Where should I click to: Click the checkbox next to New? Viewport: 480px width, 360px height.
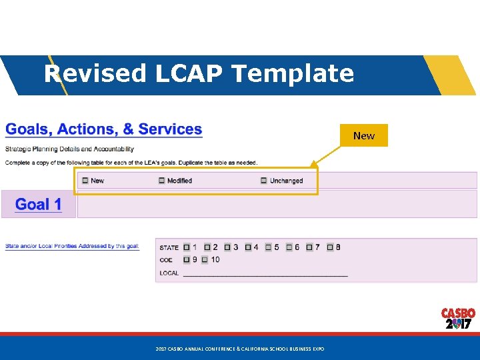85,181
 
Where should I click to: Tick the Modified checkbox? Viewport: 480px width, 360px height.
161,181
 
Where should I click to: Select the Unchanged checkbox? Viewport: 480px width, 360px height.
264,181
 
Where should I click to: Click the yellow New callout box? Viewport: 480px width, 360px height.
363,135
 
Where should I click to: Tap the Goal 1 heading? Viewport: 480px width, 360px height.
38,204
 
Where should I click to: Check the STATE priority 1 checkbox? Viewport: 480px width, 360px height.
187,247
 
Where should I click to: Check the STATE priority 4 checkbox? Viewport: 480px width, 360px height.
248,247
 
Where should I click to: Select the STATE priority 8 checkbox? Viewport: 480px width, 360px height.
329,247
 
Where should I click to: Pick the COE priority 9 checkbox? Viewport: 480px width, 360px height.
187,260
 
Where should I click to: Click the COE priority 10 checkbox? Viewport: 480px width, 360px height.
205,260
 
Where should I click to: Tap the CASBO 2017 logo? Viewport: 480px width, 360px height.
458,319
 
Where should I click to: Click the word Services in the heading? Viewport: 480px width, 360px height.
170,129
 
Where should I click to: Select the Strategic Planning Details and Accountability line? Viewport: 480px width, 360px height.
69,149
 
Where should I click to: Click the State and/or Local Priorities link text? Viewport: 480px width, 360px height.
72,246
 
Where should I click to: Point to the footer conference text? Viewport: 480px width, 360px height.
239,349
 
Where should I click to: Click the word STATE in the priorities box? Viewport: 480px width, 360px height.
169,248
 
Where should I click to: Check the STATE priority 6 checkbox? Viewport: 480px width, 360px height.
289,247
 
